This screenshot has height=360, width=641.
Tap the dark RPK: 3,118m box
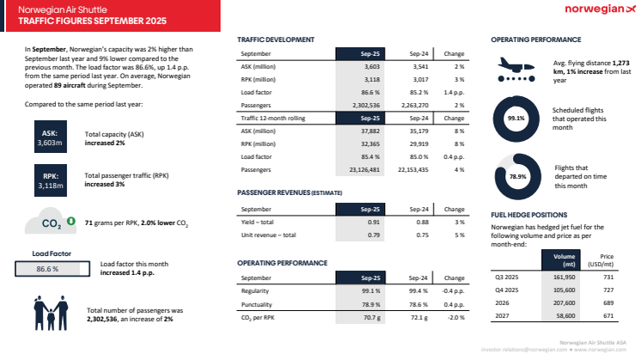49,180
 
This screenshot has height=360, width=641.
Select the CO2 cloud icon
50,223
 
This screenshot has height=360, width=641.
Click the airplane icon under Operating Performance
516,69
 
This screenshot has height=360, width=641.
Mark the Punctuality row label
258,303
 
